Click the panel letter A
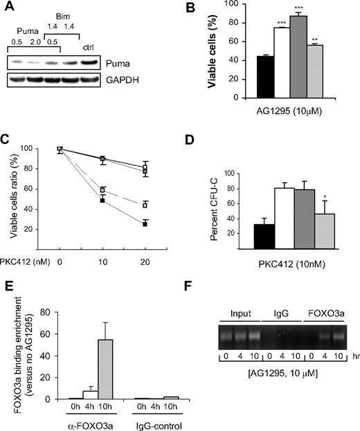9,8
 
